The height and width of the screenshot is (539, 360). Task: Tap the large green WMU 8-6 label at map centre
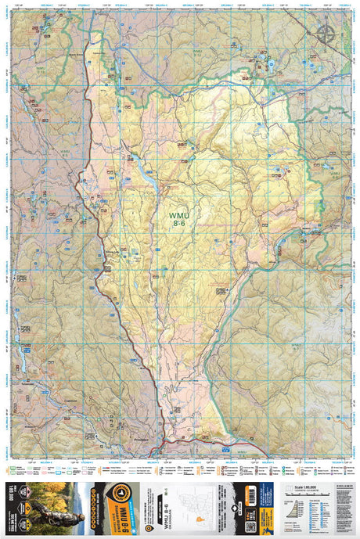coord(178,216)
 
